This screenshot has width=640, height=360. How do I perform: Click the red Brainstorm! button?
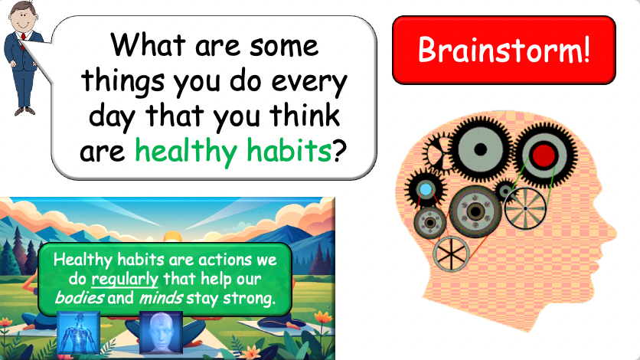(x=504, y=50)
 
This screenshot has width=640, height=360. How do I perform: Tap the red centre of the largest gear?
(x=544, y=156)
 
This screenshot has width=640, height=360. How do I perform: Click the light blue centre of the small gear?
(x=424, y=189)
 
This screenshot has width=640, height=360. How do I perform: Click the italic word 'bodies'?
(x=79, y=296)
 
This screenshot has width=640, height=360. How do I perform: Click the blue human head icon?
(x=161, y=334)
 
